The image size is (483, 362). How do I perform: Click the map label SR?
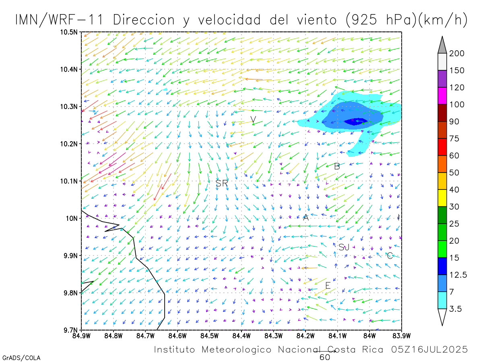[222, 183]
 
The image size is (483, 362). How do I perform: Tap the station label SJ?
[344, 247]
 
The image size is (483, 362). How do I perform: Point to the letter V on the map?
[253, 119]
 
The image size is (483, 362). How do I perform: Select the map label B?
[337, 166]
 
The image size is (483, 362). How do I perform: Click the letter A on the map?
[305, 218]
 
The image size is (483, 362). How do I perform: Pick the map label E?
[328, 286]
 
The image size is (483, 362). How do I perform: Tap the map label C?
[389, 255]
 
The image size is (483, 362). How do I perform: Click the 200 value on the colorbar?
[457, 53]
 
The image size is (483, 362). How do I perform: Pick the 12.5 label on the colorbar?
[458, 275]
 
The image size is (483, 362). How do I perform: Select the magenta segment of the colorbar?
[442, 96]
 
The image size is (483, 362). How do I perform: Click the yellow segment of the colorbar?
[442, 198]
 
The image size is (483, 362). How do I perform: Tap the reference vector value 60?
[325, 357]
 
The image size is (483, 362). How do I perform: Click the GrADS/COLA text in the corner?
[21, 358]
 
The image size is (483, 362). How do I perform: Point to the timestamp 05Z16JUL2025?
[429, 349]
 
